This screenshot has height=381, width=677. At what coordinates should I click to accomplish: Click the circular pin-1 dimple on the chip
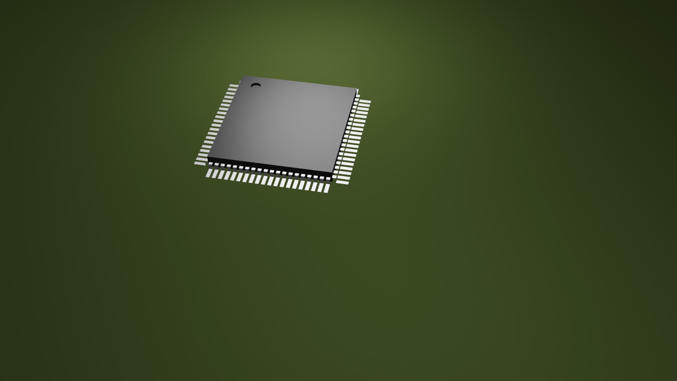(x=256, y=85)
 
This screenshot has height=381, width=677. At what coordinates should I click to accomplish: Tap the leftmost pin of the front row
(x=209, y=173)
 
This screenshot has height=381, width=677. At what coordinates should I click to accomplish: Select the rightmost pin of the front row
(x=327, y=188)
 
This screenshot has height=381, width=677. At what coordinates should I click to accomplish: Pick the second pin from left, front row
(x=215, y=174)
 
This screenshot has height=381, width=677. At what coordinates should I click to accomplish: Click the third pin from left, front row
(x=221, y=175)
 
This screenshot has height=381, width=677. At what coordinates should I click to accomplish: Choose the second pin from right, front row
(x=321, y=187)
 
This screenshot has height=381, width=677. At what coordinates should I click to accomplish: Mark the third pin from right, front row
(x=314, y=186)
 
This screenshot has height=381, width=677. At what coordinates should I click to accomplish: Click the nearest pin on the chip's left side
(x=200, y=163)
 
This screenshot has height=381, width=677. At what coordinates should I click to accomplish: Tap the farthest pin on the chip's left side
(x=234, y=86)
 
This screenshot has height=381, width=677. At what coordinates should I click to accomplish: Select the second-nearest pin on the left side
(x=202, y=159)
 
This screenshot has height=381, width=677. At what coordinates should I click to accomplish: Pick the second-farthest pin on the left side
(x=232, y=89)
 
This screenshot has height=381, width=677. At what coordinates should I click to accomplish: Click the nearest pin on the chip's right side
(x=342, y=182)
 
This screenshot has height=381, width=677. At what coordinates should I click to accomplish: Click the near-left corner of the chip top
(x=208, y=157)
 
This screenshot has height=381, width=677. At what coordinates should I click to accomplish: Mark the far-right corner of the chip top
(x=356, y=89)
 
